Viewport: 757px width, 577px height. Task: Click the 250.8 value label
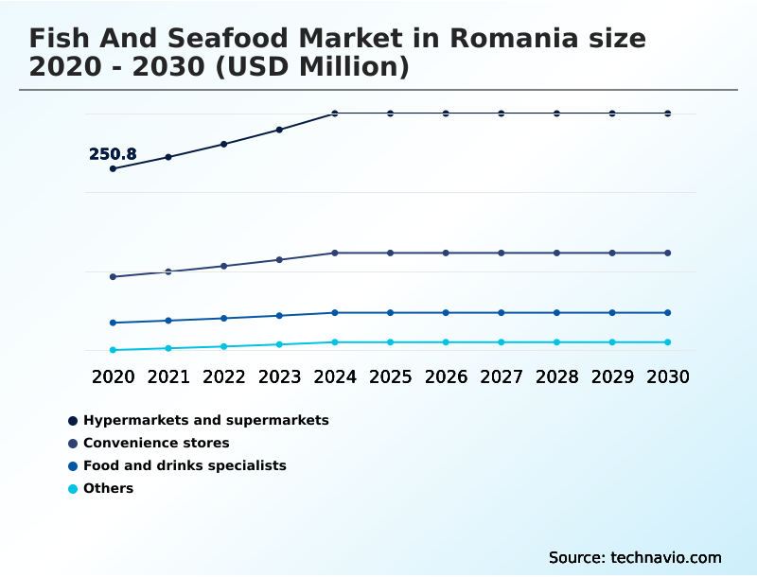[113, 154]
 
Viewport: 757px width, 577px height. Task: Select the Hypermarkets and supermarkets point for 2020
[113, 168]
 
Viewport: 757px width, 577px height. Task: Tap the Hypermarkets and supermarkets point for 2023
[279, 130]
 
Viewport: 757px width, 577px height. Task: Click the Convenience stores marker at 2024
[335, 253]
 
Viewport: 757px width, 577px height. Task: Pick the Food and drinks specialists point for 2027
[502, 312]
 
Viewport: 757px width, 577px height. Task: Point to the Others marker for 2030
[668, 342]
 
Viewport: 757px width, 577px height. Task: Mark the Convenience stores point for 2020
[113, 277]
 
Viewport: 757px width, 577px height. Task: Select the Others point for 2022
[224, 346]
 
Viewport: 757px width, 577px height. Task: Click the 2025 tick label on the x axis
[390, 376]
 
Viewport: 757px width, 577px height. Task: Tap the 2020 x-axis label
[113, 376]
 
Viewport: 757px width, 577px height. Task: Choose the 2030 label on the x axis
[668, 376]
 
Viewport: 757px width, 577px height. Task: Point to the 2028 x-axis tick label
[556, 376]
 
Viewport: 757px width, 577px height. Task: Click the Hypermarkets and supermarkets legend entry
[205, 420]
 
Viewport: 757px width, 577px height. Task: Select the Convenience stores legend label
[156, 443]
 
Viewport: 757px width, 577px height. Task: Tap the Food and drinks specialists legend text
[185, 465]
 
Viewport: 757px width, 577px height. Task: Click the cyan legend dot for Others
[73, 489]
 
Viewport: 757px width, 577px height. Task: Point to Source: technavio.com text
[635, 557]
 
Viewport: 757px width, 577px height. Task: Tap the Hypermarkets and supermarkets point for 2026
[446, 114]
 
